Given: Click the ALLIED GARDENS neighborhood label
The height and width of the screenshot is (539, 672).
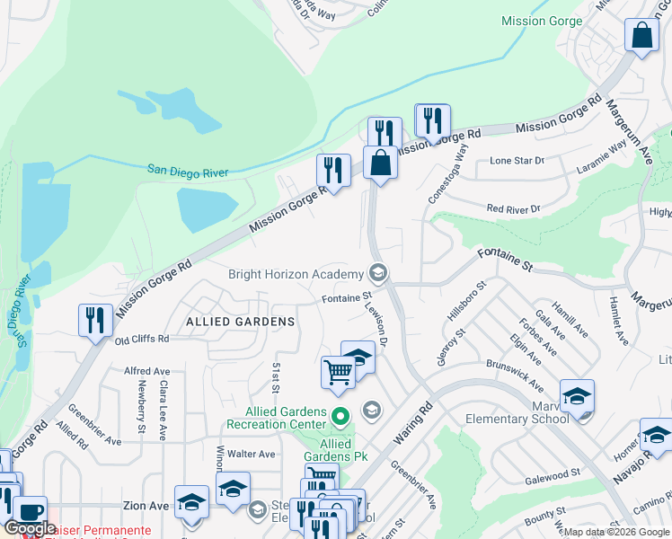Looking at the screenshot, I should pos(240,321).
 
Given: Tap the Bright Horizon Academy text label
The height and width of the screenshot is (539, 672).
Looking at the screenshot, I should pos(296,274).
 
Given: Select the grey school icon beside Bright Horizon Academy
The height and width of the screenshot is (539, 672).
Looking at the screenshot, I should pos(378,274).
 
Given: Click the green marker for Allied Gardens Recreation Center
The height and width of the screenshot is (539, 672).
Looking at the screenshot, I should pos(340,417).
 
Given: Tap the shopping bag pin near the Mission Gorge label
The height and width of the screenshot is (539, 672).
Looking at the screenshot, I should pos(641,37).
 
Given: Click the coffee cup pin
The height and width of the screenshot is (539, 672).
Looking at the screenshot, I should pos(30,512).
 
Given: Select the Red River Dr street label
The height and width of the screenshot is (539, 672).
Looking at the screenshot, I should pos(513,208).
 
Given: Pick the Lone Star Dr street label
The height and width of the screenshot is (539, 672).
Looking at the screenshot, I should pos(517,161).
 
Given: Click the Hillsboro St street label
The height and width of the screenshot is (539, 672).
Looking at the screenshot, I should pos(466,304).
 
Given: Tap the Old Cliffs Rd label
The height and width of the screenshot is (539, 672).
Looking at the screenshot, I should pos(142,340).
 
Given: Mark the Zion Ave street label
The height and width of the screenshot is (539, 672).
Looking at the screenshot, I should pos(146,507).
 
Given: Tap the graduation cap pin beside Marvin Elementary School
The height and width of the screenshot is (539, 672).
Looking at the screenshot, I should pos(577,396).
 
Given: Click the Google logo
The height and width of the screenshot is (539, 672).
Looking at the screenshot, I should pos(30,528).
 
